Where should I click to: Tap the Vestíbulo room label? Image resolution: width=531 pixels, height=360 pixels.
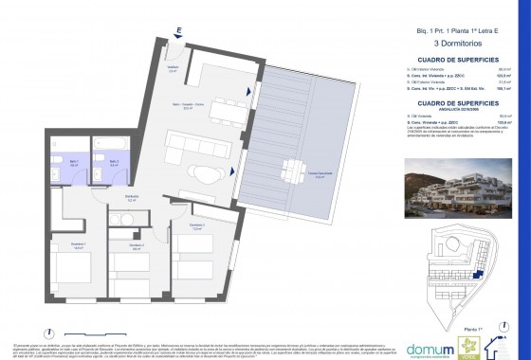[x=173, y=68]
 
